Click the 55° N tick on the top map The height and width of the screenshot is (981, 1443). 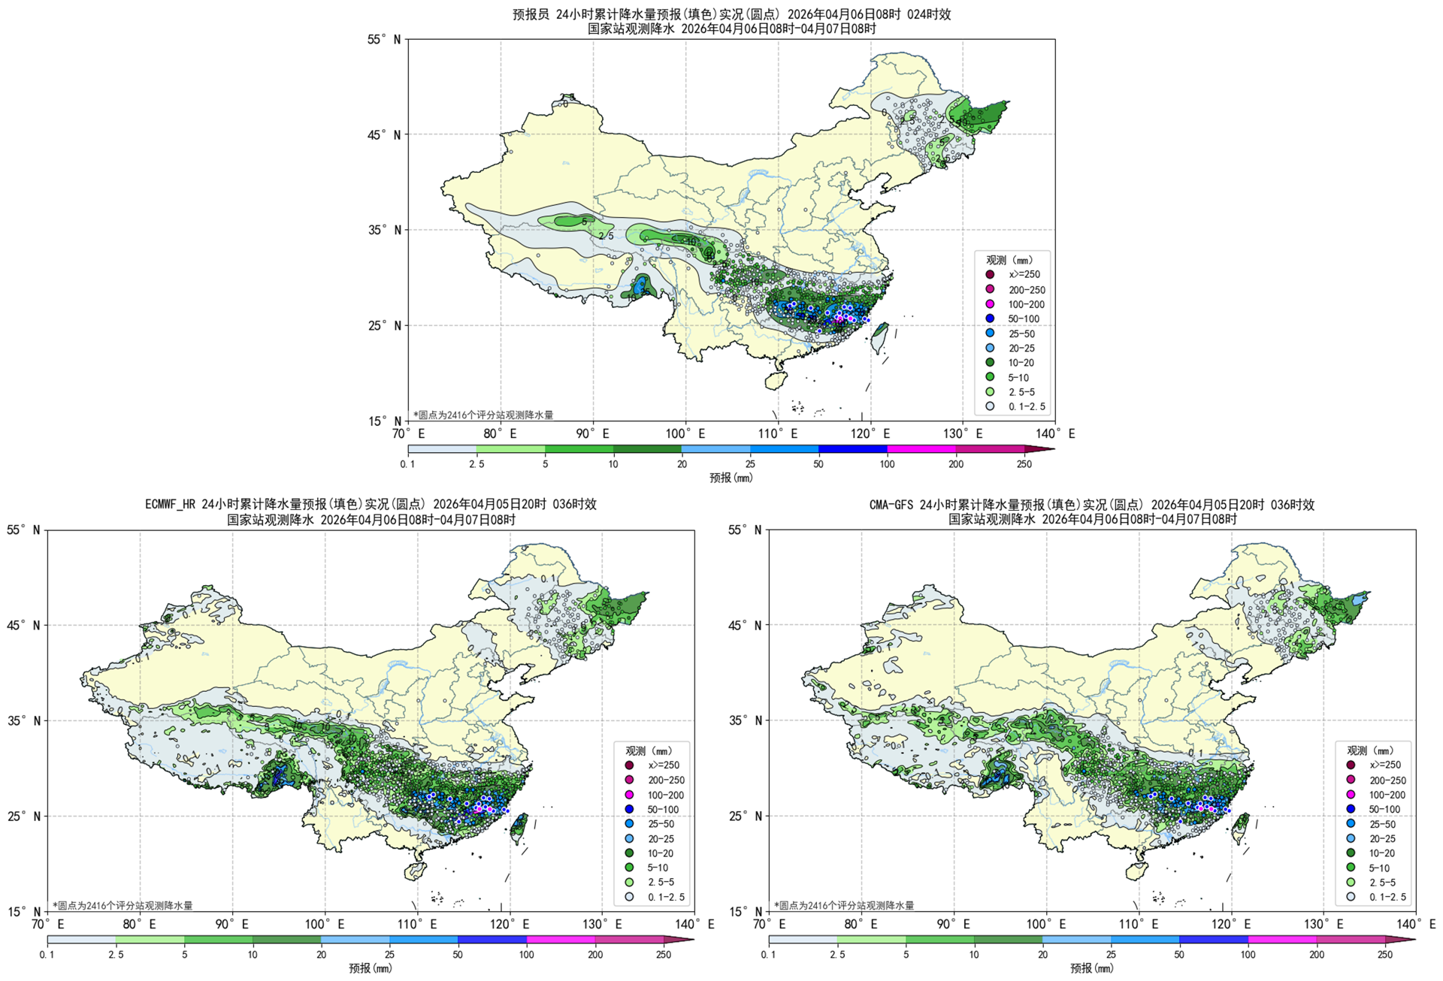pos(385,39)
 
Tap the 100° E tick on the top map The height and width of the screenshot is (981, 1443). pos(685,433)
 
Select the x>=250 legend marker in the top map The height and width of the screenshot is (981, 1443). pos(990,274)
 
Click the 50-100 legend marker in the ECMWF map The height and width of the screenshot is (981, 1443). pos(629,809)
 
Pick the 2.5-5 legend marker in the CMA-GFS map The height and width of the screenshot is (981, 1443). pos(1351,882)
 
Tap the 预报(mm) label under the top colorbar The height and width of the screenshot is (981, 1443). pos(731,478)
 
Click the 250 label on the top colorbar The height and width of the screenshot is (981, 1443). pos(1024,464)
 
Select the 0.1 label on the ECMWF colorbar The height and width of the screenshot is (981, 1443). pos(47,955)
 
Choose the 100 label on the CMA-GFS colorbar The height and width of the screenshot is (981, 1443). pos(1248,955)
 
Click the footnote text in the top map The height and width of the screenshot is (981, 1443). pos(483,415)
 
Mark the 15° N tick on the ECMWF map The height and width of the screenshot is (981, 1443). pos(24,911)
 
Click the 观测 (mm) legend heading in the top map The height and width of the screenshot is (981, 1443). pos(1009,260)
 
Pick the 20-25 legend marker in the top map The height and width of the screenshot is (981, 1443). pos(990,348)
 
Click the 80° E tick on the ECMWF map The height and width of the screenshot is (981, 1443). pos(140,924)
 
